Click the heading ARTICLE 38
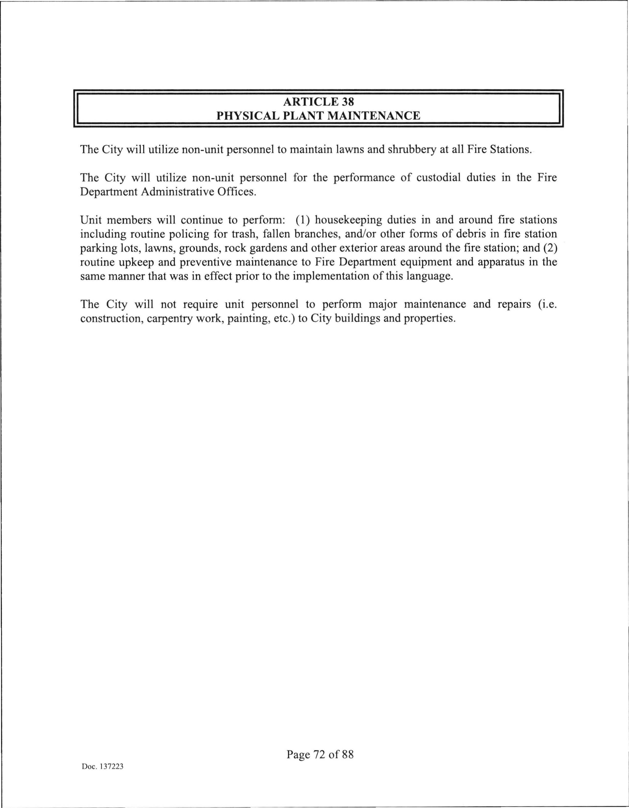[x=318, y=101]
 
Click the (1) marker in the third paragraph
[x=302, y=220]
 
